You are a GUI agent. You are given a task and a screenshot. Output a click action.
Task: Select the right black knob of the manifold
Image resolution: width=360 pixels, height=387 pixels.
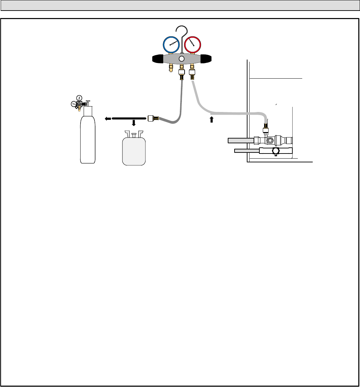[x=206, y=59]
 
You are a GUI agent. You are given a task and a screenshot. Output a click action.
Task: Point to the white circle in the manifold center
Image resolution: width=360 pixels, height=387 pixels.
[x=182, y=59]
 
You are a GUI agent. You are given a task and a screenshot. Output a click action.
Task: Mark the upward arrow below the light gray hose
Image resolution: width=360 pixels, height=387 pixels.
[x=211, y=119]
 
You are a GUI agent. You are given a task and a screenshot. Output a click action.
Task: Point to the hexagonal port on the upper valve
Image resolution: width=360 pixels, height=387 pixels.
[x=270, y=140]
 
